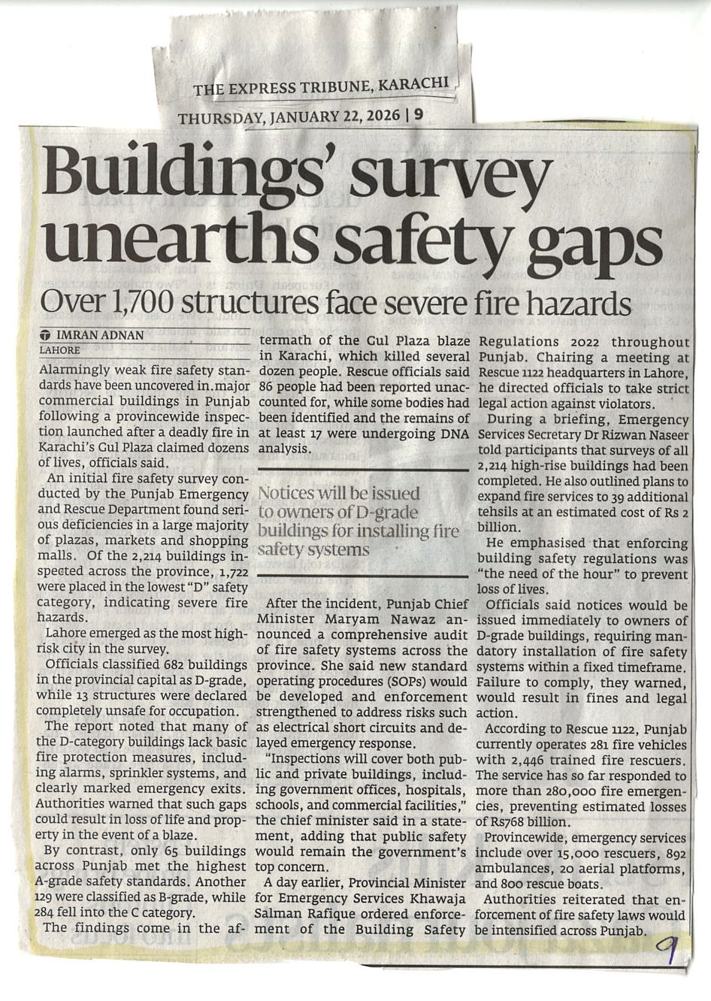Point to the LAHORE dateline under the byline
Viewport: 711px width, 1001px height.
(x=59, y=349)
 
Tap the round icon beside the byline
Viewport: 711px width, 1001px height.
(x=45, y=335)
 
